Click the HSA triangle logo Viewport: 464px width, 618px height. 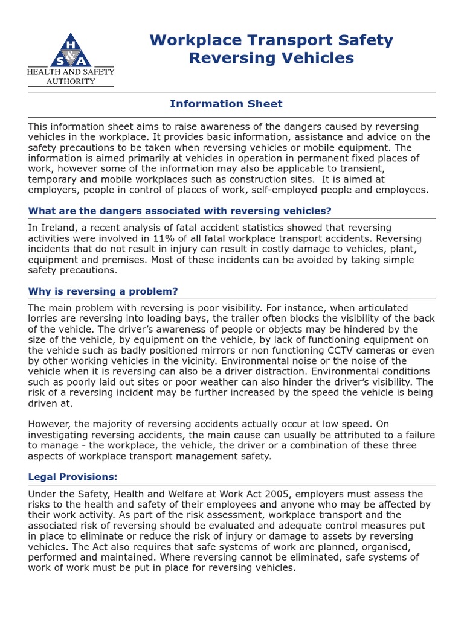coord(71,51)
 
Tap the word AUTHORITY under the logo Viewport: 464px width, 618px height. coord(71,81)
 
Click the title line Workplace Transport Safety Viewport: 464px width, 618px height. coord(271,40)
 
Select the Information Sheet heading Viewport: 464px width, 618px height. coord(226,104)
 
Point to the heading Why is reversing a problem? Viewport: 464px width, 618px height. coord(103,291)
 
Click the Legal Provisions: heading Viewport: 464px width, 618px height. coord(73,477)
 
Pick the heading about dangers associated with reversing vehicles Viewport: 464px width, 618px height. coord(180,211)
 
